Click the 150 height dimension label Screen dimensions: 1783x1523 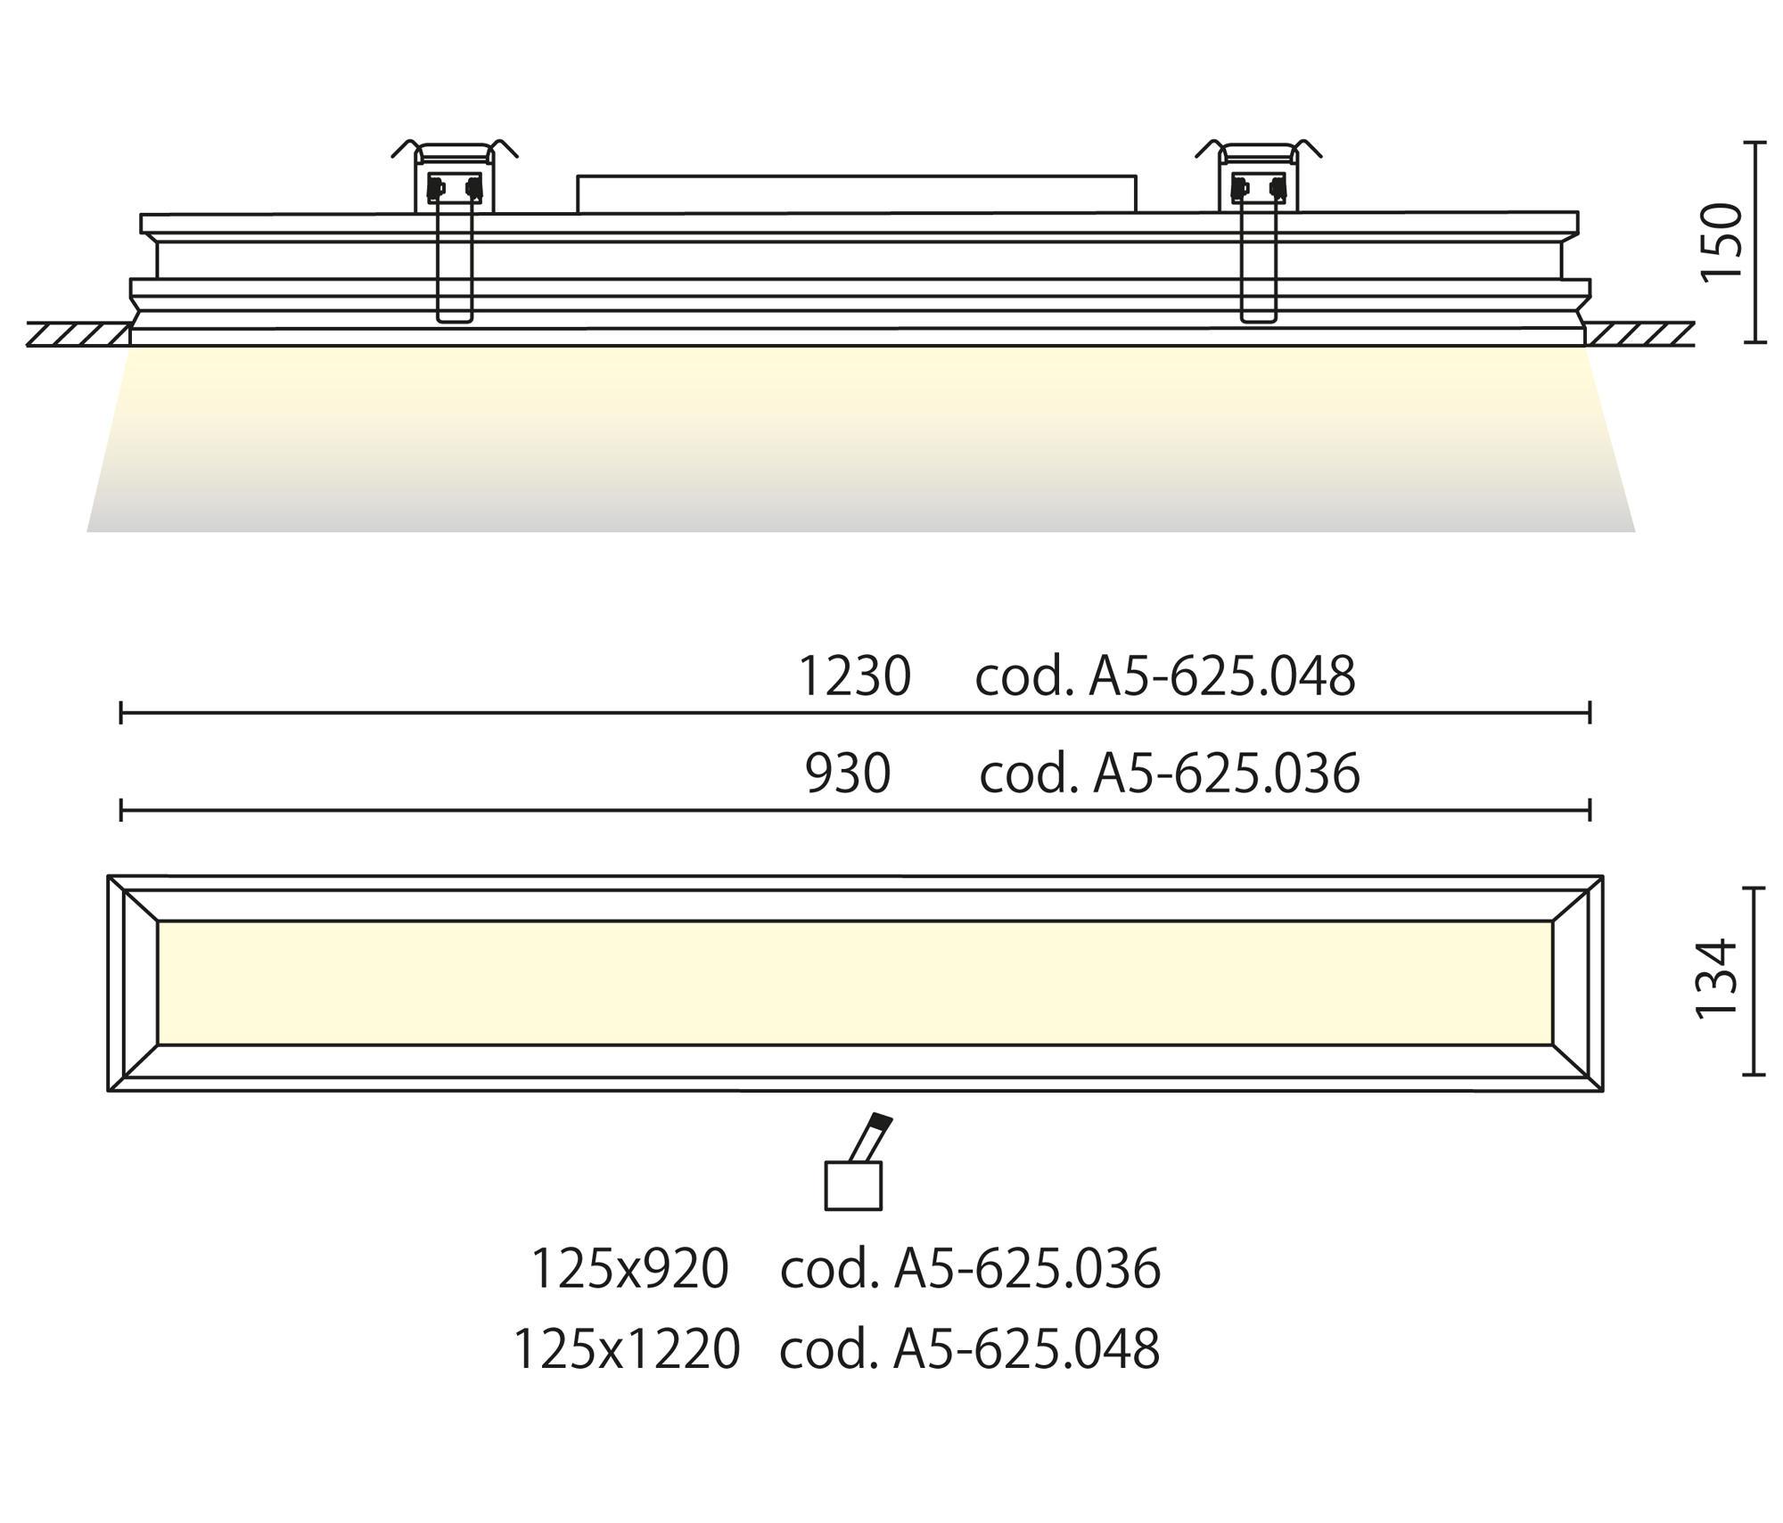point(1721,242)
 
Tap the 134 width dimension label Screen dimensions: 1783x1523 point(1716,978)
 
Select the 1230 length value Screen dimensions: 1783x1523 point(854,676)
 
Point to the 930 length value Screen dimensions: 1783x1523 point(848,773)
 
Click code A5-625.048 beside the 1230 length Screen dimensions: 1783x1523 point(1165,676)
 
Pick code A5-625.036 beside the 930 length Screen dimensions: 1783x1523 point(1170,773)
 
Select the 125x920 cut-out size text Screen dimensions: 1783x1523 point(629,1268)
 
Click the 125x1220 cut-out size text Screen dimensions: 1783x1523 point(627,1348)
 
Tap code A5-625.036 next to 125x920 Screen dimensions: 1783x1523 point(970,1268)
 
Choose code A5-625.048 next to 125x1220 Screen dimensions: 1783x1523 point(970,1348)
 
